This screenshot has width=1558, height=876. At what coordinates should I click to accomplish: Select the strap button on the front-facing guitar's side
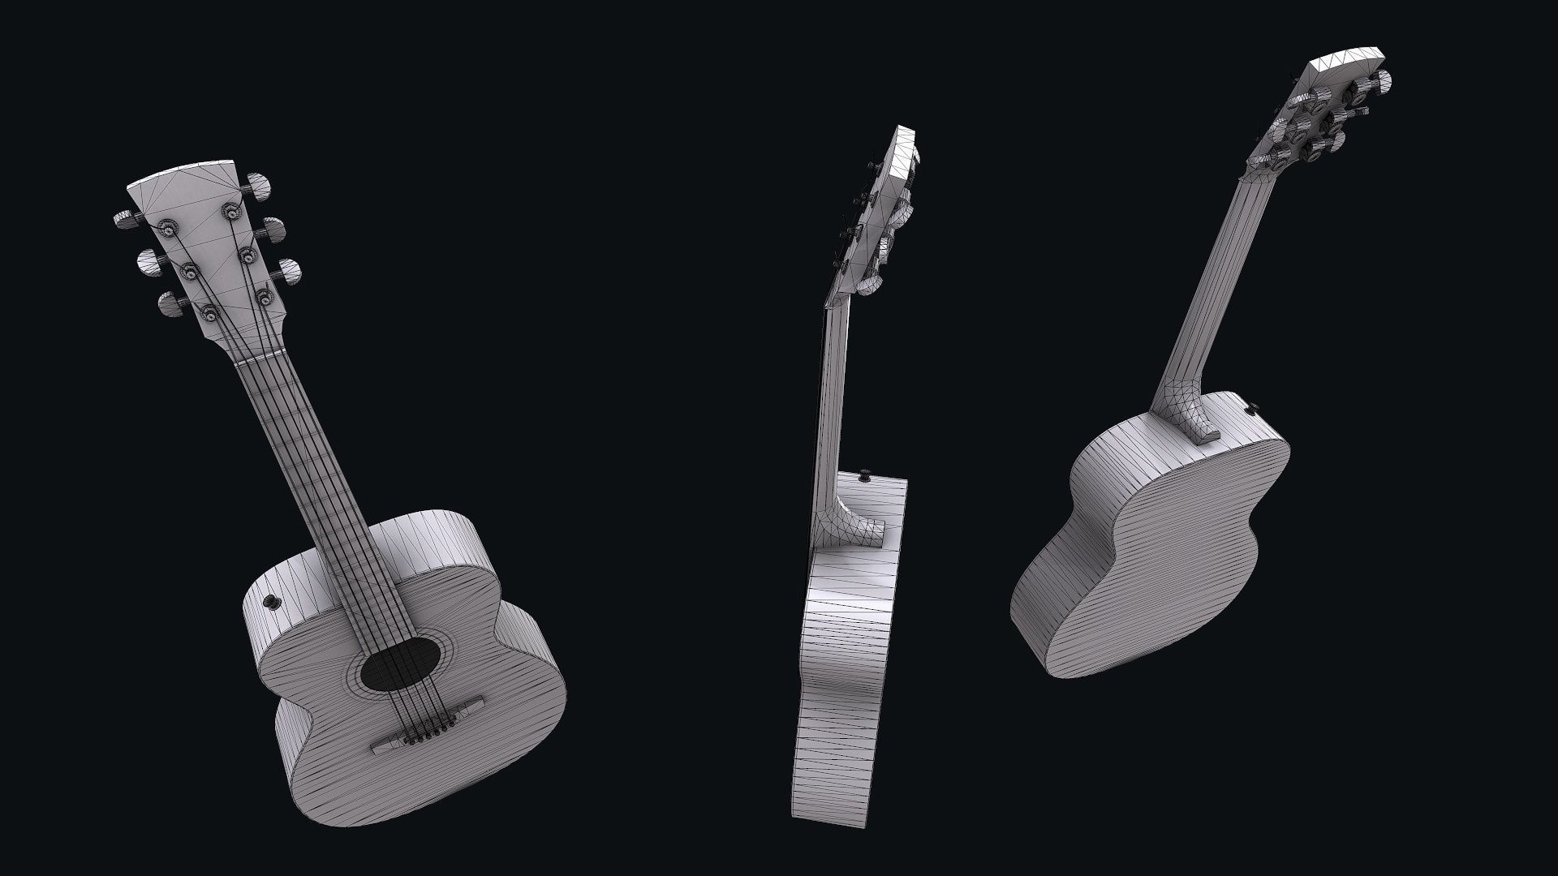(x=271, y=601)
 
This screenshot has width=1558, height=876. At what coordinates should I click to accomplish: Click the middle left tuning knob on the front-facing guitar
(x=149, y=260)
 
